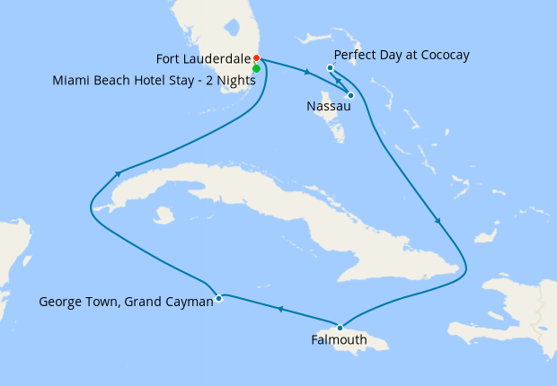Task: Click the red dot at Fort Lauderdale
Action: pos(256,59)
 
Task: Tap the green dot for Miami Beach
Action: pos(257,68)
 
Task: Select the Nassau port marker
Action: pos(349,95)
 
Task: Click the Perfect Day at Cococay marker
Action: pos(331,68)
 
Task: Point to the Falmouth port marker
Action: pos(340,327)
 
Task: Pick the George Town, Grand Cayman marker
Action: pos(218,298)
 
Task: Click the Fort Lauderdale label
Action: pos(203,59)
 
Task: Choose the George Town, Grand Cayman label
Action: pos(126,303)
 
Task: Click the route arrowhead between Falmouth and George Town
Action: pos(280,310)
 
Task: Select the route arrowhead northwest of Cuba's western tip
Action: pos(117,172)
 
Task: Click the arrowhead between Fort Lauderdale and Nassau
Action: pos(307,72)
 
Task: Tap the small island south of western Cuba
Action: pos(164,215)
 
